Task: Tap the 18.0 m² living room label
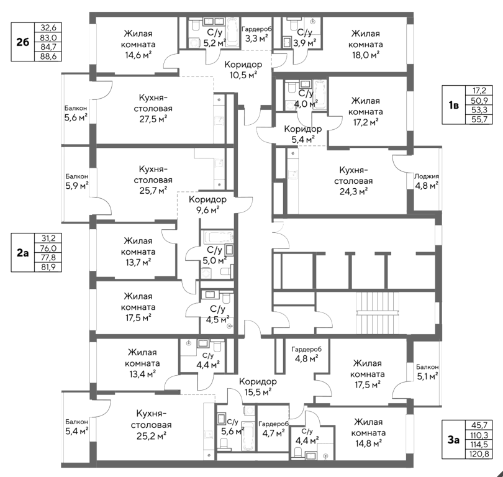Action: tap(366, 44)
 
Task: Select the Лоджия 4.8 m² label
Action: tap(427, 180)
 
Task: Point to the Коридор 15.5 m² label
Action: tap(257, 386)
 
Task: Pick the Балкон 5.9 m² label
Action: tap(76, 180)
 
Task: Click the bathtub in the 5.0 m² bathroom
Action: tap(215, 237)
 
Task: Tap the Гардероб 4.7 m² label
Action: tap(273, 428)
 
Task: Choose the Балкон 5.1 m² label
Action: tap(427, 371)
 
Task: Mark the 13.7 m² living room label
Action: tap(139, 252)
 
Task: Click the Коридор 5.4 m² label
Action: tap(302, 134)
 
